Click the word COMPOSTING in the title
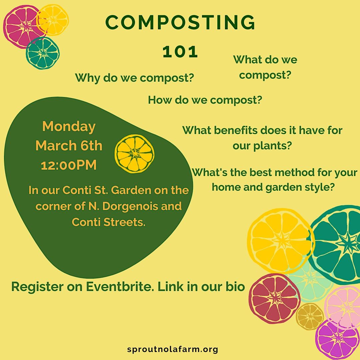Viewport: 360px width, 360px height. [x=180, y=23]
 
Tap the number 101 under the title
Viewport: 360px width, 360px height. [x=180, y=52]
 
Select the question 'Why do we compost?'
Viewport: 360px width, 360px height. [x=134, y=78]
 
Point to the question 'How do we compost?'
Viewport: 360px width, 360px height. [x=205, y=100]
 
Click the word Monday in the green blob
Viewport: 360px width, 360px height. [x=69, y=127]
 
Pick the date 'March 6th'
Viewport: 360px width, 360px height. [x=69, y=146]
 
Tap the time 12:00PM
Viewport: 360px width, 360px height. [x=69, y=165]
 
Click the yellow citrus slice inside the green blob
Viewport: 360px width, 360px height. [x=135, y=154]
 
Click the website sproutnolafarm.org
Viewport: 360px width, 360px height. [x=173, y=349]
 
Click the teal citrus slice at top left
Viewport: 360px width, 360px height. [x=43, y=53]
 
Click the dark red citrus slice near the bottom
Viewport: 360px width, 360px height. [x=274, y=298]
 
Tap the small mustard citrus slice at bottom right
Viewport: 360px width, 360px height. [x=310, y=316]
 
